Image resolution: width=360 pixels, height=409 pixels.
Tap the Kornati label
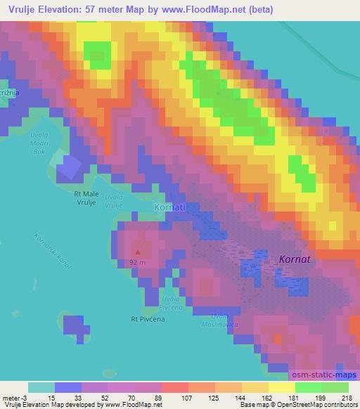pos(169,209)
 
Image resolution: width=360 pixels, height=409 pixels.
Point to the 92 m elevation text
pos(138,263)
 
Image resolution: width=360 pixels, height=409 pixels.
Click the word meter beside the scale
pos(8,398)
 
